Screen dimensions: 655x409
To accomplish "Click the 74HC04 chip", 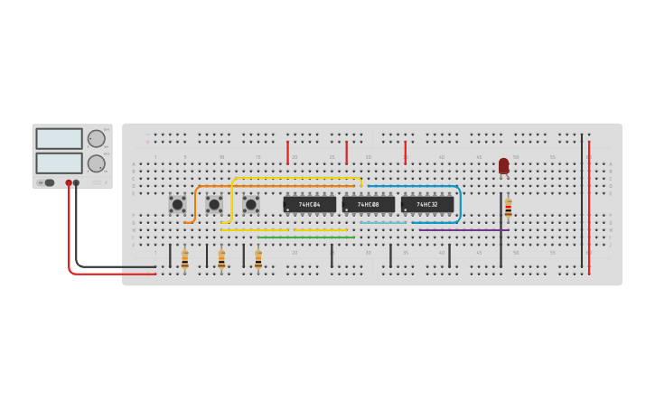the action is (x=310, y=205).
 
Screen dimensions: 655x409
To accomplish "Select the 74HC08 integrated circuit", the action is (x=369, y=205).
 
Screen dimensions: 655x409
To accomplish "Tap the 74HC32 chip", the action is (x=427, y=205).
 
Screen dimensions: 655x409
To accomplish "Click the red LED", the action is (x=503, y=165).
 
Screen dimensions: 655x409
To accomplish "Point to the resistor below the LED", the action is (x=508, y=209).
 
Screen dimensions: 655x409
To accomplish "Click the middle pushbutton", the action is (x=214, y=205).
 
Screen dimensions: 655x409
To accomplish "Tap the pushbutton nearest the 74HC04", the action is (x=251, y=205).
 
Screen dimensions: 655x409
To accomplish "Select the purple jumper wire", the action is (x=464, y=230).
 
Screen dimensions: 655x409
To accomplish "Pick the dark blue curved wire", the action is (x=459, y=203).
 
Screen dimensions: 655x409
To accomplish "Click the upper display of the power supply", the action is (x=59, y=138).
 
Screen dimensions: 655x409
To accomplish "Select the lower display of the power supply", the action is (x=59, y=163).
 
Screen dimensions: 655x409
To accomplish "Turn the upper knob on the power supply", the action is (x=96, y=138).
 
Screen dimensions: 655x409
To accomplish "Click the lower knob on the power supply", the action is (x=96, y=163).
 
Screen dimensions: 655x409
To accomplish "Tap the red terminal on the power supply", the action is (x=68, y=182).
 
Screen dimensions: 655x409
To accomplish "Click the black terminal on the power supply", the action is (x=76, y=182).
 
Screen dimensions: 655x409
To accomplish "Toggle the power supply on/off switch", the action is (x=49, y=182).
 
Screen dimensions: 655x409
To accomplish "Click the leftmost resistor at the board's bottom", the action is (x=184, y=260).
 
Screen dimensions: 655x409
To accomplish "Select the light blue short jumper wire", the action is (x=383, y=223).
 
